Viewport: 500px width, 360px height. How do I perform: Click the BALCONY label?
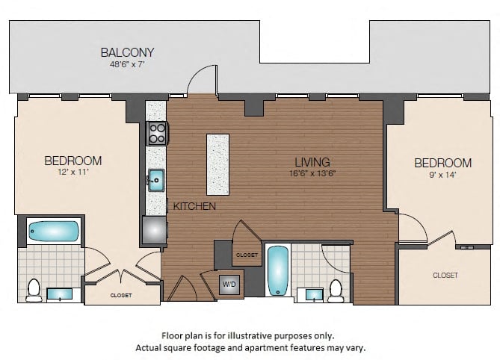(128, 52)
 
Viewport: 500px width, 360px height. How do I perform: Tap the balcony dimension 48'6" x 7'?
(128, 64)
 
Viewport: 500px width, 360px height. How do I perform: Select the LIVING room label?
(312, 162)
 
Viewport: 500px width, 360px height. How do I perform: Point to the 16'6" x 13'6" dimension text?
(312, 173)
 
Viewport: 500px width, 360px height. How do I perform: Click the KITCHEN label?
(194, 206)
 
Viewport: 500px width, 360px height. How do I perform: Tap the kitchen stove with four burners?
(157, 134)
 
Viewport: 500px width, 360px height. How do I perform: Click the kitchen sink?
(156, 180)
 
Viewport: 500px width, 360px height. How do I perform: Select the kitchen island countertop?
(217, 164)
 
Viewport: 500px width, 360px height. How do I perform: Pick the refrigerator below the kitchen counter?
(155, 230)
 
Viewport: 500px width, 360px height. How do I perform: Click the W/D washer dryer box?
(229, 284)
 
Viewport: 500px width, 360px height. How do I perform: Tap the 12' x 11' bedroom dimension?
(73, 173)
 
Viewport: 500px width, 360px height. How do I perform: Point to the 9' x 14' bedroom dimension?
(442, 175)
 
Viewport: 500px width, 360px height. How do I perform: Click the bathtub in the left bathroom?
(54, 232)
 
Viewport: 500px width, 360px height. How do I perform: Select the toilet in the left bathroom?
(34, 290)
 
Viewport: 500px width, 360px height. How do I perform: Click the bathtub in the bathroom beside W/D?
(278, 271)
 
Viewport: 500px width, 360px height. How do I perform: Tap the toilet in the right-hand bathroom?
(335, 291)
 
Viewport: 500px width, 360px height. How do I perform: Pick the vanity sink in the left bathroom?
(60, 294)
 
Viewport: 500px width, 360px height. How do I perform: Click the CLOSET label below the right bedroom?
(445, 276)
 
